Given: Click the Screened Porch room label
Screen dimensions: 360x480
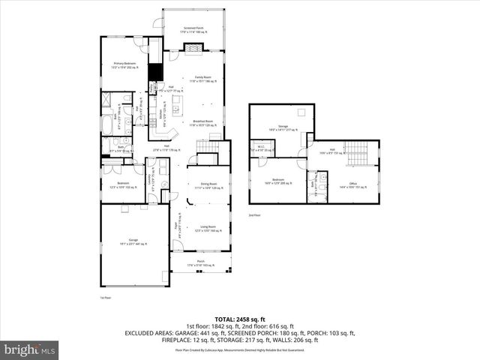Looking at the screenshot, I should pyautogui.click(x=193, y=31).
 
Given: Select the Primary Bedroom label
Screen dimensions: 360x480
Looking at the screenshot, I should pyautogui.click(x=124, y=65).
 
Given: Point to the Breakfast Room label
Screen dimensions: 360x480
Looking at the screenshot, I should pyautogui.click(x=203, y=122).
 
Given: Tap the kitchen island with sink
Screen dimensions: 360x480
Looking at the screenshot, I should pyautogui.click(x=178, y=110).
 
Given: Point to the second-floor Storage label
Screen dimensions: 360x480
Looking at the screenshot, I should pyautogui.click(x=283, y=127).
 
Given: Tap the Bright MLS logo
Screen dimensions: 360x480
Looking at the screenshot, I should pyautogui.click(x=30, y=349).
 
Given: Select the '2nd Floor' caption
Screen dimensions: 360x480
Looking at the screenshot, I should pyautogui.click(x=254, y=214).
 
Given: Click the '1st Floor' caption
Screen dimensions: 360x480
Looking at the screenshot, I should pyautogui.click(x=105, y=298).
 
